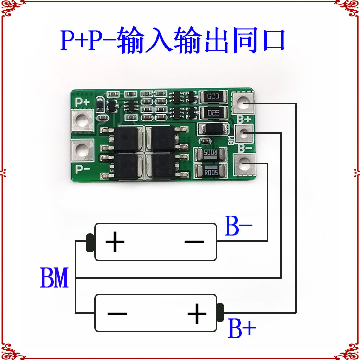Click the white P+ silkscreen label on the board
coord(82,102)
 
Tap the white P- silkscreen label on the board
coord(83,168)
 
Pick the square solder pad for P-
coord(82,149)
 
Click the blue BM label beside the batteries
coord(54,278)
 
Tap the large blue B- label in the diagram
coord(239,228)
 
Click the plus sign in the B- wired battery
coord(115,242)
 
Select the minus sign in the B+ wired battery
coord(117,314)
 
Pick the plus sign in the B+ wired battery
coord(197,314)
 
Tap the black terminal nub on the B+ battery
coord(220,312)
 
